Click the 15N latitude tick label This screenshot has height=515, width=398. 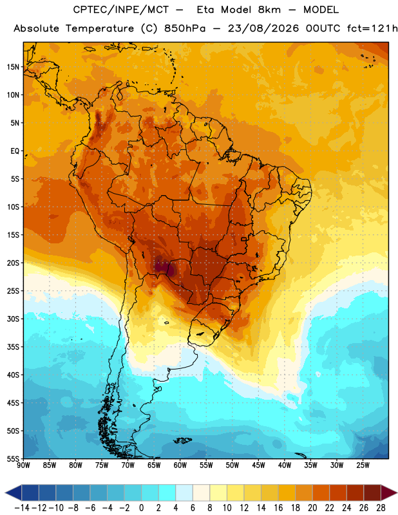pos(13,67)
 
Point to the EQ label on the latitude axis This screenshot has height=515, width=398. pos(15,151)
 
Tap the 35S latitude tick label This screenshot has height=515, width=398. pos(13,347)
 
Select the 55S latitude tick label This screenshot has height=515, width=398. pos(13,458)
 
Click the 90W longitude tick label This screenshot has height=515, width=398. pos(24,465)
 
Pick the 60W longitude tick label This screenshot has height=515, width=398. pos(180,465)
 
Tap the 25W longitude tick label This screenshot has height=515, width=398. pos(363,465)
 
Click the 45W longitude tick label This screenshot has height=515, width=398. pos(258,465)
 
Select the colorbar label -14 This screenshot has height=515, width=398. pos(22,508)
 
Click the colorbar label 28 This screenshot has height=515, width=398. pos(381,508)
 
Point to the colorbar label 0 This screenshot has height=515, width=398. pos(141,508)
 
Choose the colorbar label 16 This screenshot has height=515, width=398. pos(278,508)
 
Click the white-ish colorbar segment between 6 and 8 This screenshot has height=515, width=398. pos(201,493)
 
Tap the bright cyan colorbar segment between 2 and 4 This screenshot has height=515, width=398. pos(167,493)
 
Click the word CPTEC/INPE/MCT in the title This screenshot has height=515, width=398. pos(120,10)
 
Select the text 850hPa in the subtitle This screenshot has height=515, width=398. pos(185,28)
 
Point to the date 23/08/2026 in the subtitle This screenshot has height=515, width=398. pos(263,28)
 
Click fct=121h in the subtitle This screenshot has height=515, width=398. pos(372,28)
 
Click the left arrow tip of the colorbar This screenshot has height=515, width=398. pos(6,493)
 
